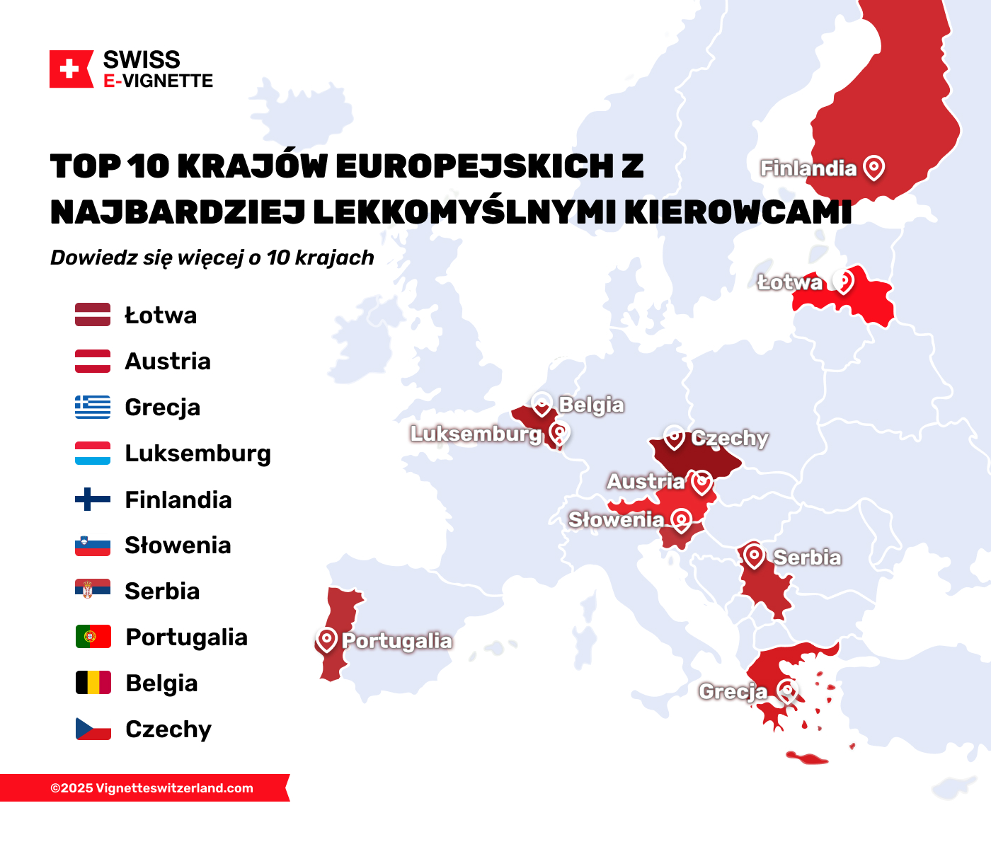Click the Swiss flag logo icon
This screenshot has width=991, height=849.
[x=70, y=69]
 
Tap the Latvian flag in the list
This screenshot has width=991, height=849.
[x=93, y=315]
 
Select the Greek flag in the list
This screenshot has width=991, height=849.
[x=93, y=407]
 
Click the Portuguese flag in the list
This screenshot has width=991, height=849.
[x=93, y=637]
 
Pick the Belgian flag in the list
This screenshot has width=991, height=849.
[x=93, y=683]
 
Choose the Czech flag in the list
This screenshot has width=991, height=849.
[x=93, y=729]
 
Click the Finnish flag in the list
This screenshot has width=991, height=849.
[x=93, y=499]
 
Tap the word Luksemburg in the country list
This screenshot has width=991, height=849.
[x=197, y=454]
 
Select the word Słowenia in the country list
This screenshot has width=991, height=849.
[x=178, y=545]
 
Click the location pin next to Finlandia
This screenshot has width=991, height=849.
[x=874, y=168]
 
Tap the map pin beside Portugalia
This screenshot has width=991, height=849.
[x=326, y=640]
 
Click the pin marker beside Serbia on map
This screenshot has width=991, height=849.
[x=754, y=556]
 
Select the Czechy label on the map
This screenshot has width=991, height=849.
[x=729, y=438]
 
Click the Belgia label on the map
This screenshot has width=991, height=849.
[x=591, y=405]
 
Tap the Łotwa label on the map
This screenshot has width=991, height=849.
[x=790, y=282]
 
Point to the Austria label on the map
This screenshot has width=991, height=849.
[x=646, y=482]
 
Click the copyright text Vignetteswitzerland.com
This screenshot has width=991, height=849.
[x=151, y=788]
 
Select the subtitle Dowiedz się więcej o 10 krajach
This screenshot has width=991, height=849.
[x=212, y=258]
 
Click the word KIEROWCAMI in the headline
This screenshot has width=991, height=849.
[x=738, y=212]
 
